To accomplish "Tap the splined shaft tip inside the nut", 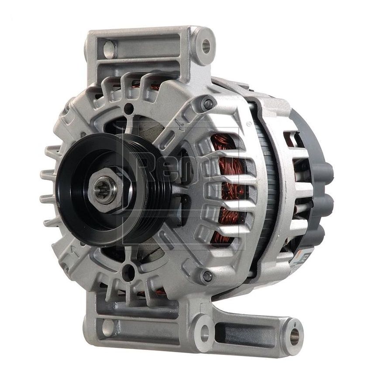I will (x=103, y=192).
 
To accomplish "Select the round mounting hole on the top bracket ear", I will (x=205, y=45).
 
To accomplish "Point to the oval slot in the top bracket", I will (x=108, y=47).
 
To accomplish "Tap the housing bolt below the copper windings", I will (x=207, y=276).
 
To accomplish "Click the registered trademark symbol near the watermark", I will (x=249, y=124).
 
